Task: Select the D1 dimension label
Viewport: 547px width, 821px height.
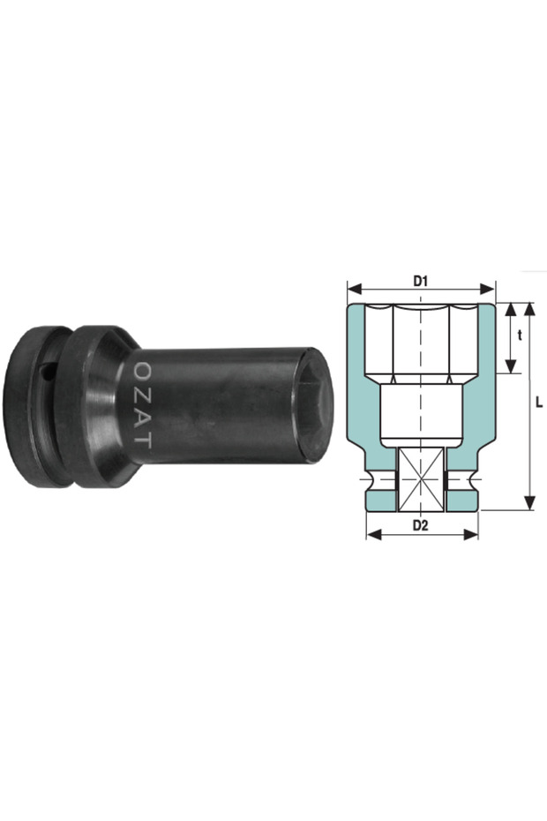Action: (x=421, y=281)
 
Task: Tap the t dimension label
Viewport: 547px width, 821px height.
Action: (x=520, y=335)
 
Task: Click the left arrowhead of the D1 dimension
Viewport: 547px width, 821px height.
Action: (x=352, y=289)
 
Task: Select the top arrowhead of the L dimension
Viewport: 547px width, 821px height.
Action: (x=528, y=309)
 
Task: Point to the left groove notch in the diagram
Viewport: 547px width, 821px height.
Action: (x=369, y=484)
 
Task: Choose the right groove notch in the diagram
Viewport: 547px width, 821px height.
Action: (x=473, y=484)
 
